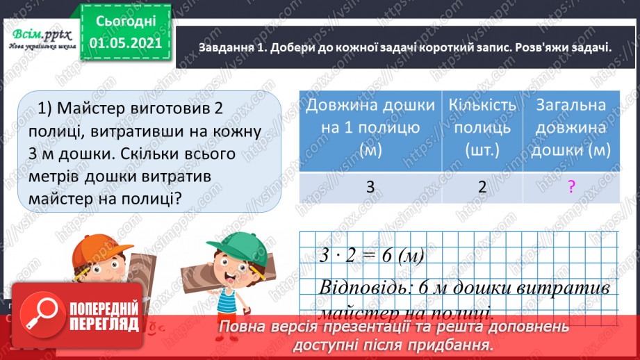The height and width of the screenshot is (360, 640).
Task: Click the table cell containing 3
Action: (371, 187)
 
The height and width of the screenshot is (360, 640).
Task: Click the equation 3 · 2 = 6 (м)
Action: (372, 255)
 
